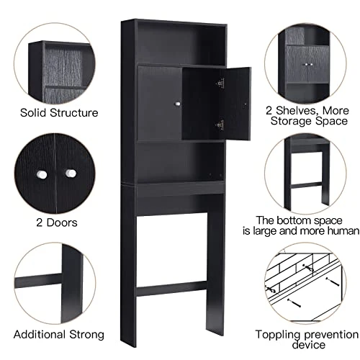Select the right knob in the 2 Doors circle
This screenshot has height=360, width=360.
(x=71, y=175)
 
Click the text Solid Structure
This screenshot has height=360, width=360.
(x=59, y=112)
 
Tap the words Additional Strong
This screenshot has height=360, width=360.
(x=59, y=334)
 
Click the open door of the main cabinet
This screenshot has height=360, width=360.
(x=215, y=104)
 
